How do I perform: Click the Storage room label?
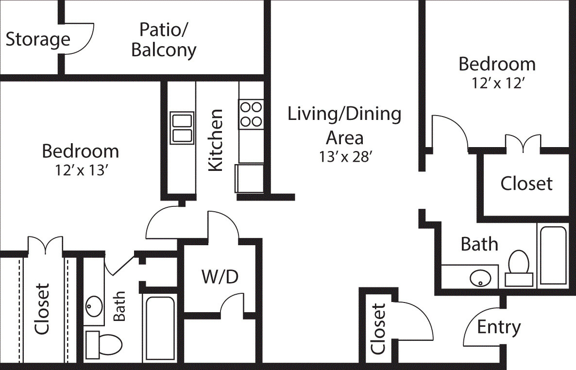[38, 39]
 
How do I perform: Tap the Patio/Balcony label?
[164, 40]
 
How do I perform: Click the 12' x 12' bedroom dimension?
[497, 83]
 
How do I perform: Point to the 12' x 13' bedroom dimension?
[80, 170]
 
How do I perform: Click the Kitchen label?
[215, 140]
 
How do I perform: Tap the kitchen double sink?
[182, 128]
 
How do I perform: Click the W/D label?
[220, 277]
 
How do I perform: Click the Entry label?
[499, 327]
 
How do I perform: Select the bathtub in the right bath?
[553, 256]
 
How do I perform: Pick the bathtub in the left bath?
[159, 328]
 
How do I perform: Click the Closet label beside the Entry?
[378, 329]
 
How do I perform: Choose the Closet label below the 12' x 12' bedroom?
[526, 184]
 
